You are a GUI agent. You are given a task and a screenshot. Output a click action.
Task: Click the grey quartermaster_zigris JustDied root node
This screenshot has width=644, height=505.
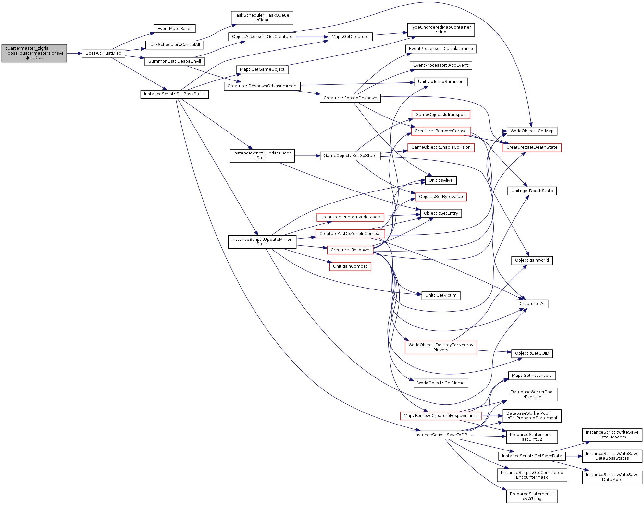[x=34, y=53]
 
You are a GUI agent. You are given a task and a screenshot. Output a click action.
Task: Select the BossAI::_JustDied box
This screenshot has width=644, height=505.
[x=104, y=53]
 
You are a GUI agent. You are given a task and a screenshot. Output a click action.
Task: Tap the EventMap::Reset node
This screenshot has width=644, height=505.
[x=175, y=29]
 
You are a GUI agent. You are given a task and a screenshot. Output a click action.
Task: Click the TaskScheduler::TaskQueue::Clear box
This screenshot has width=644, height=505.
[x=262, y=18]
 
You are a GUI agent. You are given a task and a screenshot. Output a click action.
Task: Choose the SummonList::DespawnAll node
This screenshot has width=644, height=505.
[x=175, y=61]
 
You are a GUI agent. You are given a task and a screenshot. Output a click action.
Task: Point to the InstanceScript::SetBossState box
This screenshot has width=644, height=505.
[x=175, y=94]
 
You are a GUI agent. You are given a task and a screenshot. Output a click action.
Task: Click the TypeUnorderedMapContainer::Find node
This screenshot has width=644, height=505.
[x=441, y=30]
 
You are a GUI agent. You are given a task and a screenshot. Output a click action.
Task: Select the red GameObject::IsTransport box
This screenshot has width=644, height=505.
[x=441, y=115]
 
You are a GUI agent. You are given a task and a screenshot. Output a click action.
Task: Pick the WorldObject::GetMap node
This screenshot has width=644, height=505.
[x=532, y=131]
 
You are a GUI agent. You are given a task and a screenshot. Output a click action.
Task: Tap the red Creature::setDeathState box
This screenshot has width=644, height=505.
[x=532, y=147]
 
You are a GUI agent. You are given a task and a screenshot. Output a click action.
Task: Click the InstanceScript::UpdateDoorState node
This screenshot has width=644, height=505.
[x=262, y=156]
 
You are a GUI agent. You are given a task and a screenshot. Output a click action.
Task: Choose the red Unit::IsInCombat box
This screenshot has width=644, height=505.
[x=350, y=266]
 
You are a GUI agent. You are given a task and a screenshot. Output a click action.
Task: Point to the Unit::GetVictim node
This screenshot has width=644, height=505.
[x=441, y=295]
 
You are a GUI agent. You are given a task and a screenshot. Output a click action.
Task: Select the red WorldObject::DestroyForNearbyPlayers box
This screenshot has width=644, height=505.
[x=441, y=347]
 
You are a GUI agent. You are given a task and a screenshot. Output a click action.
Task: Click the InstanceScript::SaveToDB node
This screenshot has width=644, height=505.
[x=441, y=435]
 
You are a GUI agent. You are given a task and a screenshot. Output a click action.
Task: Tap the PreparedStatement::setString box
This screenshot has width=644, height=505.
[x=532, y=496]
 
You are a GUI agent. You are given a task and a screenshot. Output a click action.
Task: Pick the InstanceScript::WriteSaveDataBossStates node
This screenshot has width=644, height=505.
[x=612, y=456]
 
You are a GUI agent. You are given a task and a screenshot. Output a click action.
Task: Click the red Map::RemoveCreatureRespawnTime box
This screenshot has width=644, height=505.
[x=441, y=416]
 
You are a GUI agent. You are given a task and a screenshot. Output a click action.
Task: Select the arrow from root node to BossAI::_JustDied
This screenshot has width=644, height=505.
[x=74, y=53]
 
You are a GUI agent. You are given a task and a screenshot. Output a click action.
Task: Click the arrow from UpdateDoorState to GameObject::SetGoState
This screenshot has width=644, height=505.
[x=307, y=156]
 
